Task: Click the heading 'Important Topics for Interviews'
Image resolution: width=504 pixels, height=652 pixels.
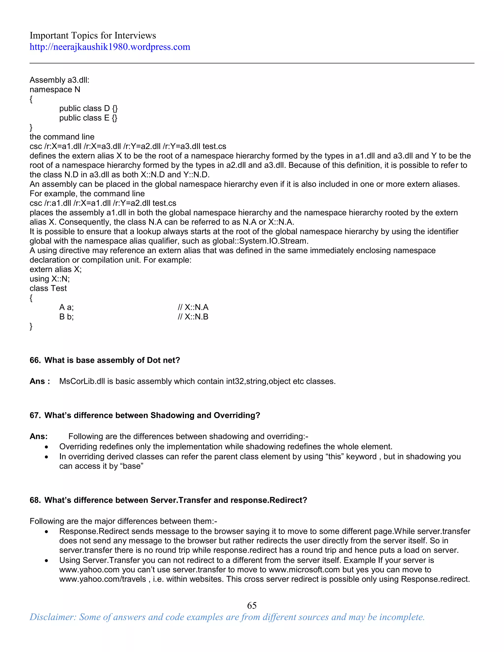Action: click(93, 35)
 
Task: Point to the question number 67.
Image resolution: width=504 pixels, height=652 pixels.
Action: click(35, 415)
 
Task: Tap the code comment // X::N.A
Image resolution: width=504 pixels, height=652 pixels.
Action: click(193, 307)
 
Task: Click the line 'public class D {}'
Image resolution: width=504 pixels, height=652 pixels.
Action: click(88, 108)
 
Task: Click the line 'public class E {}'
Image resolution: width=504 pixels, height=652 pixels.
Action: click(88, 118)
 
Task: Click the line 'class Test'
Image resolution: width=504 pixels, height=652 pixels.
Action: click(48, 288)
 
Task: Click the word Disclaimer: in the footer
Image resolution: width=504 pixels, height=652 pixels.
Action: click(53, 617)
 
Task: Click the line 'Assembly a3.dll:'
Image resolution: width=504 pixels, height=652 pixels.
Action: click(59, 80)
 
